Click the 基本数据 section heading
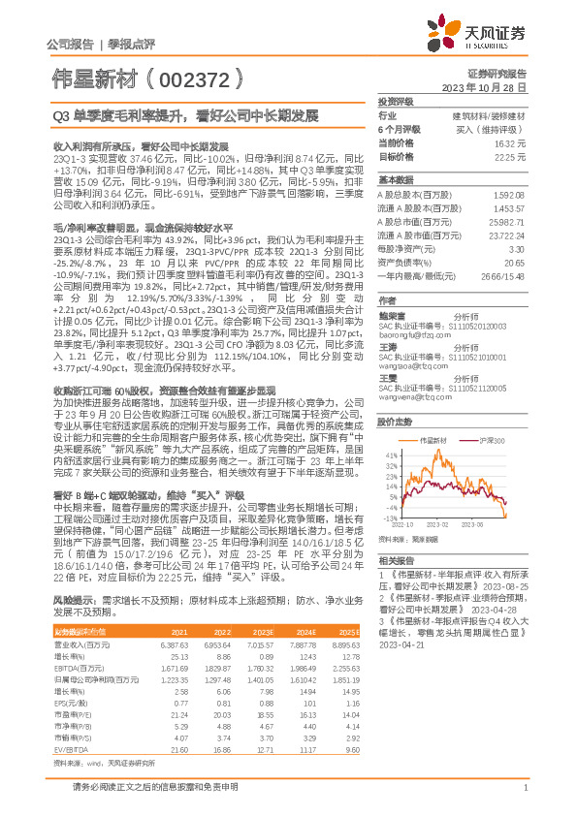pos(396,180)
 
